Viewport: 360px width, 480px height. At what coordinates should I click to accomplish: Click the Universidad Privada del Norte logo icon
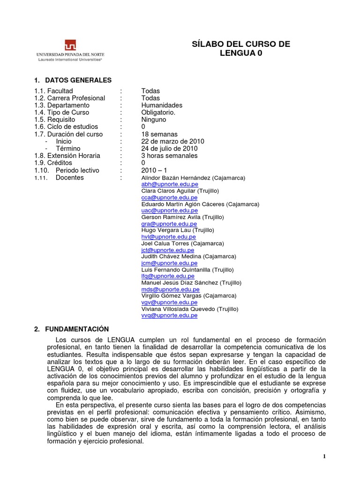pyautogui.click(x=70, y=45)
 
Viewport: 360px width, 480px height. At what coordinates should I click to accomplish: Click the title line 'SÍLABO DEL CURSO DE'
pyautogui.click(x=241, y=45)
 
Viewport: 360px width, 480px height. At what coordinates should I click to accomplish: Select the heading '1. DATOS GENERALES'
pyautogui.click(x=73, y=80)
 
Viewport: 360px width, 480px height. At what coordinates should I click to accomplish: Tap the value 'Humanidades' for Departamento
pyautogui.click(x=162, y=105)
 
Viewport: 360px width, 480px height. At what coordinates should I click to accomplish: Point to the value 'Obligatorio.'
pyautogui.click(x=158, y=112)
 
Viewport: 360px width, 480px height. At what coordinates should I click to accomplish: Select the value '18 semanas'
pyautogui.click(x=159, y=134)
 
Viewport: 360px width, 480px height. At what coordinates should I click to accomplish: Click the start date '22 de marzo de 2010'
pyautogui.click(x=172, y=142)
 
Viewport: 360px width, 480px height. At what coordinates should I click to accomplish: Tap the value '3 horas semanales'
pyautogui.click(x=169, y=156)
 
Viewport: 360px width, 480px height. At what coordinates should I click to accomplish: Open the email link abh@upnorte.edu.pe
pyautogui.click(x=169, y=185)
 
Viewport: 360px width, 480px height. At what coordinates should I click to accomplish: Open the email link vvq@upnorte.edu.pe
pyautogui.click(x=169, y=316)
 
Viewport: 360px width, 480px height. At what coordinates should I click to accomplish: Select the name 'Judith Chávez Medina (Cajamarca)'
pyautogui.click(x=188, y=257)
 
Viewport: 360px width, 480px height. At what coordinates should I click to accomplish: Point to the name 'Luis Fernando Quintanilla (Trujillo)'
pyautogui.click(x=187, y=270)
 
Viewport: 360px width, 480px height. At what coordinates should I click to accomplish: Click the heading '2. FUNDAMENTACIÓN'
pyautogui.click(x=71, y=329)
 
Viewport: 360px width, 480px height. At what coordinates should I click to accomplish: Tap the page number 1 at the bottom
pyautogui.click(x=324, y=457)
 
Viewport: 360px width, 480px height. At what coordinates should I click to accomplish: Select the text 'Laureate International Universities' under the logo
pyautogui.click(x=69, y=60)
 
